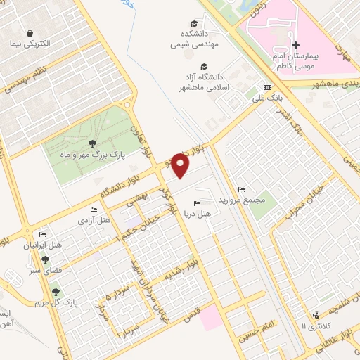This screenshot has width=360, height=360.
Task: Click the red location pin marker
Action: coord(181,166)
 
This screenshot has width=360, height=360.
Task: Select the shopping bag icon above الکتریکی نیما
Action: coord(30,32)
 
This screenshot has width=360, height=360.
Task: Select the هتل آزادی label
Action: coord(94,221)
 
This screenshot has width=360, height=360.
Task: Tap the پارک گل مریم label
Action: coord(56,303)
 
